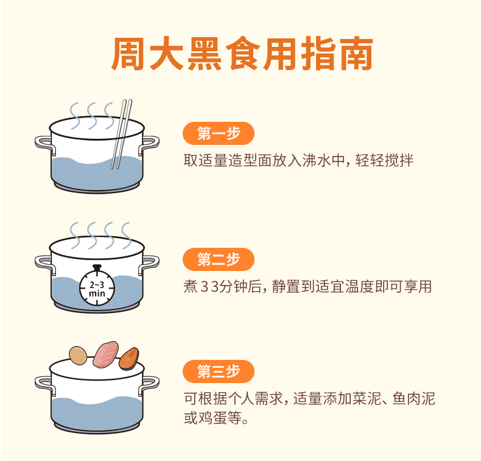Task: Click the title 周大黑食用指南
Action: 242,54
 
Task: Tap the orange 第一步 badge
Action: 219,133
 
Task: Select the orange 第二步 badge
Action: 219,259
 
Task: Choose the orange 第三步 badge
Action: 219,371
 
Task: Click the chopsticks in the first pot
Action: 122,134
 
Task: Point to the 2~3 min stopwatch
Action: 97,286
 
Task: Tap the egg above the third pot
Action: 78,356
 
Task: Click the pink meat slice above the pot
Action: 106,354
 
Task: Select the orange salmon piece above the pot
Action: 129,359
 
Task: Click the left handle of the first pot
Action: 44,144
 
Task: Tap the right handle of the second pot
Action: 149,264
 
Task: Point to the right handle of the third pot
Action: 149,385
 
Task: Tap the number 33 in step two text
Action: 210,287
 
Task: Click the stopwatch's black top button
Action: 97,267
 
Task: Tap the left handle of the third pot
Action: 44,385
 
